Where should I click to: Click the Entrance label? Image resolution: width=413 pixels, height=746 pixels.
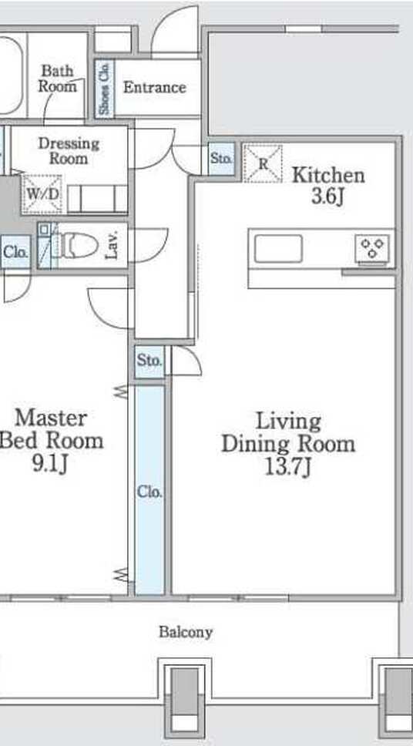pos(155,88)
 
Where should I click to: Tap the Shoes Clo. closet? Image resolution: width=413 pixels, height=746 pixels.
pos(104,88)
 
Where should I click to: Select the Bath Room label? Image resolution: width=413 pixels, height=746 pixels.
pos(58,79)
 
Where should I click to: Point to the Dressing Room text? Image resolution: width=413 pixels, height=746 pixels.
pos(69,150)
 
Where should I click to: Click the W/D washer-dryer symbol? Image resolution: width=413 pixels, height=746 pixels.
pos(42,194)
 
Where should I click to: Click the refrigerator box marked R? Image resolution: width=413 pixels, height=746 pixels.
pos(263,163)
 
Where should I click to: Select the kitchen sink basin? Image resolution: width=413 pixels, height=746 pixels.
pos(278,249)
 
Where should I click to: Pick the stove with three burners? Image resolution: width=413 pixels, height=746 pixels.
pos(372,249)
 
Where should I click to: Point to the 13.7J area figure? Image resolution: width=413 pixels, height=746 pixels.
pos(288,467)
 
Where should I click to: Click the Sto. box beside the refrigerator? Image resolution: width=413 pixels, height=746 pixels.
pos(222,159)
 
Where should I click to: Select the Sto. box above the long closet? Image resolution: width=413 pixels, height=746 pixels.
pos(150,361)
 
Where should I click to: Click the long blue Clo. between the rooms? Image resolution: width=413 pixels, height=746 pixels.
pos(150,490)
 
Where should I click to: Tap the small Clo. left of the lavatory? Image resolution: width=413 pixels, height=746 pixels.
pos(15,252)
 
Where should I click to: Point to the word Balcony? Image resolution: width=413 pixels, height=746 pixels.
pos(186,632)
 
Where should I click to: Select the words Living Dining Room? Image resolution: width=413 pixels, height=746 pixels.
pos(288,433)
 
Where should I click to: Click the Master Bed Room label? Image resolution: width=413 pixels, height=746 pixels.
pos(51,429)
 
